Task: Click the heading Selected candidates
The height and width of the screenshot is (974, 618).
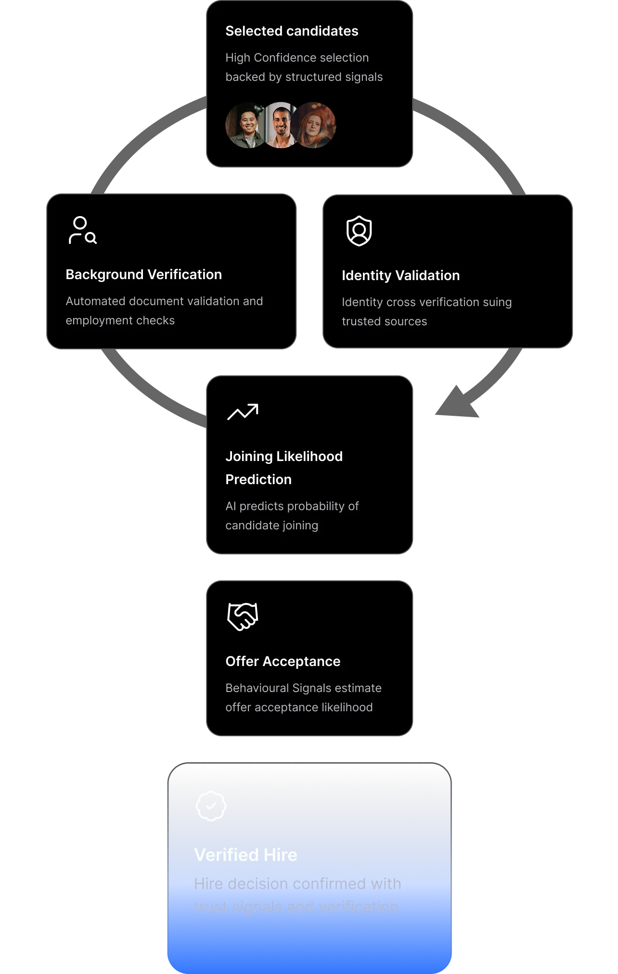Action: pyautogui.click(x=292, y=31)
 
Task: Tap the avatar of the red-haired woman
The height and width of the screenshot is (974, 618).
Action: pyautogui.click(x=316, y=125)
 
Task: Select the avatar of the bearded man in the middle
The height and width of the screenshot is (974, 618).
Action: pyautogui.click(x=281, y=125)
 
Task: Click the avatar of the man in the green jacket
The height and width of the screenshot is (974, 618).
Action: pyautogui.click(x=246, y=126)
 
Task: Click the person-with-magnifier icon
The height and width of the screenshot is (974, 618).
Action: pyautogui.click(x=82, y=231)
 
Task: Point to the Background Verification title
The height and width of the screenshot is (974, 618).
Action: pyautogui.click(x=143, y=275)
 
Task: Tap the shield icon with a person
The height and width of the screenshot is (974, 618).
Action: pyautogui.click(x=359, y=231)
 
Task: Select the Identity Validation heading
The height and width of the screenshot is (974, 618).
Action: pyautogui.click(x=400, y=276)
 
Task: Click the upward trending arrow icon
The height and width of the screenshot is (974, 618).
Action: pyautogui.click(x=243, y=412)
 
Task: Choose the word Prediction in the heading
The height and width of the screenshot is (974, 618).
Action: pyautogui.click(x=258, y=480)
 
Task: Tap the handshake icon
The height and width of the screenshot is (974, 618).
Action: pyautogui.click(x=243, y=616)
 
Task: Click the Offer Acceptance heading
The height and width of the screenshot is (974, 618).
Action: pyautogui.click(x=283, y=662)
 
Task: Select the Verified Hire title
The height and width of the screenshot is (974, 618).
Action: pyautogui.click(x=245, y=855)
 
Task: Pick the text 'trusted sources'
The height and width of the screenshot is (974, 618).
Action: pyautogui.click(x=384, y=321)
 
